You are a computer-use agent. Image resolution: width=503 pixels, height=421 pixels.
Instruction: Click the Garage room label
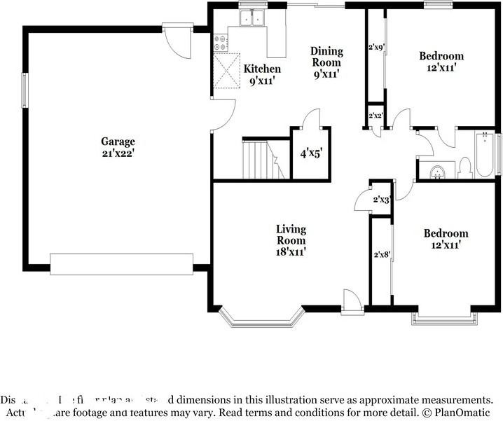(118, 141)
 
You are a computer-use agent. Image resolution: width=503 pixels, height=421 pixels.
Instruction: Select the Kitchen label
(262, 69)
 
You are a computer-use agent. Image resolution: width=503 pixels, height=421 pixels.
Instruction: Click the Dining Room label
(327, 57)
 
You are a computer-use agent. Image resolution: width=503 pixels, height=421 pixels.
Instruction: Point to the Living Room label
(291, 235)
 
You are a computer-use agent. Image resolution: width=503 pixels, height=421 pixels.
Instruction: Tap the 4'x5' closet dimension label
(311, 152)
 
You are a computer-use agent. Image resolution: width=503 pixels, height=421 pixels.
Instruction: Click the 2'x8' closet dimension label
(381, 255)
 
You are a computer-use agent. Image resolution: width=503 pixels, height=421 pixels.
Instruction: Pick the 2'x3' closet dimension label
(381, 200)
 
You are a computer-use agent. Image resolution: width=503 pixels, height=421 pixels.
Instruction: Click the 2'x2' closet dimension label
(375, 116)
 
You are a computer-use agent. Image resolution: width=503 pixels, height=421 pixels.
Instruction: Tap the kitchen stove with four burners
(219, 42)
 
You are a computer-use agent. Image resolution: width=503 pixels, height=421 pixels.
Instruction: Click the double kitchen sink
(251, 19)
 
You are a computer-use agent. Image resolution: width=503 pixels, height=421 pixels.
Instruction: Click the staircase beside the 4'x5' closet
(265, 160)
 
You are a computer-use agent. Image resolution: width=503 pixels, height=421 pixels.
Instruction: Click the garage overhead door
(122, 264)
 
